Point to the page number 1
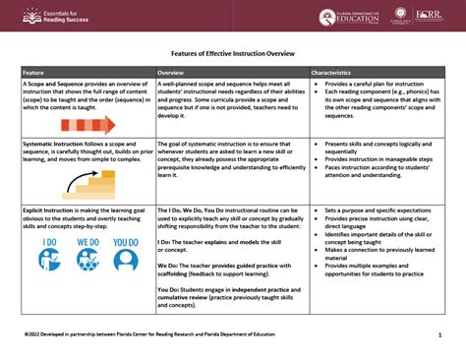click(437, 334)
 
